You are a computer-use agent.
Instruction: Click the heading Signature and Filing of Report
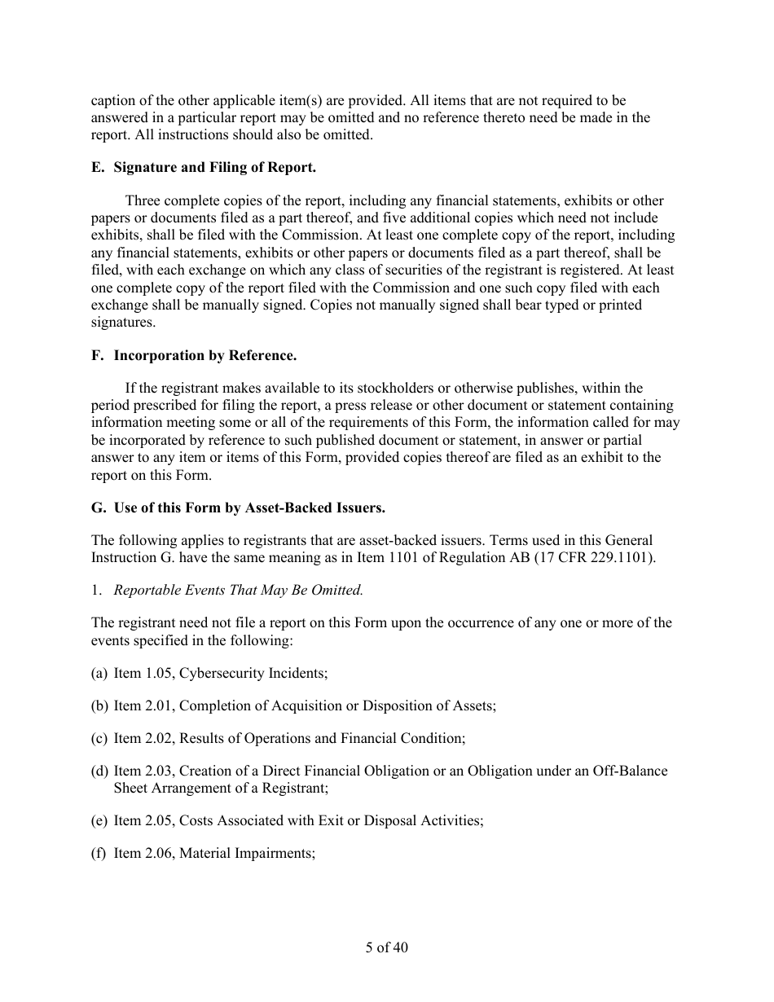tap(214, 168)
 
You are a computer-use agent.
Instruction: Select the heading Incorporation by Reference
tap(204, 355)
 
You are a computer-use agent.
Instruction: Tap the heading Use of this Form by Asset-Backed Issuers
tap(249, 508)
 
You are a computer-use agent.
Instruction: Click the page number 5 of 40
tap(387, 947)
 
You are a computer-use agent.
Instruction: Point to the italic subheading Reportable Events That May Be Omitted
tap(239, 590)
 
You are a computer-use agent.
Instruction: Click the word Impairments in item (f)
tap(275, 853)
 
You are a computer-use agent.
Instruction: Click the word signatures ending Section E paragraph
tap(121, 323)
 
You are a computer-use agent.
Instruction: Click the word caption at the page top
tap(112, 101)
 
